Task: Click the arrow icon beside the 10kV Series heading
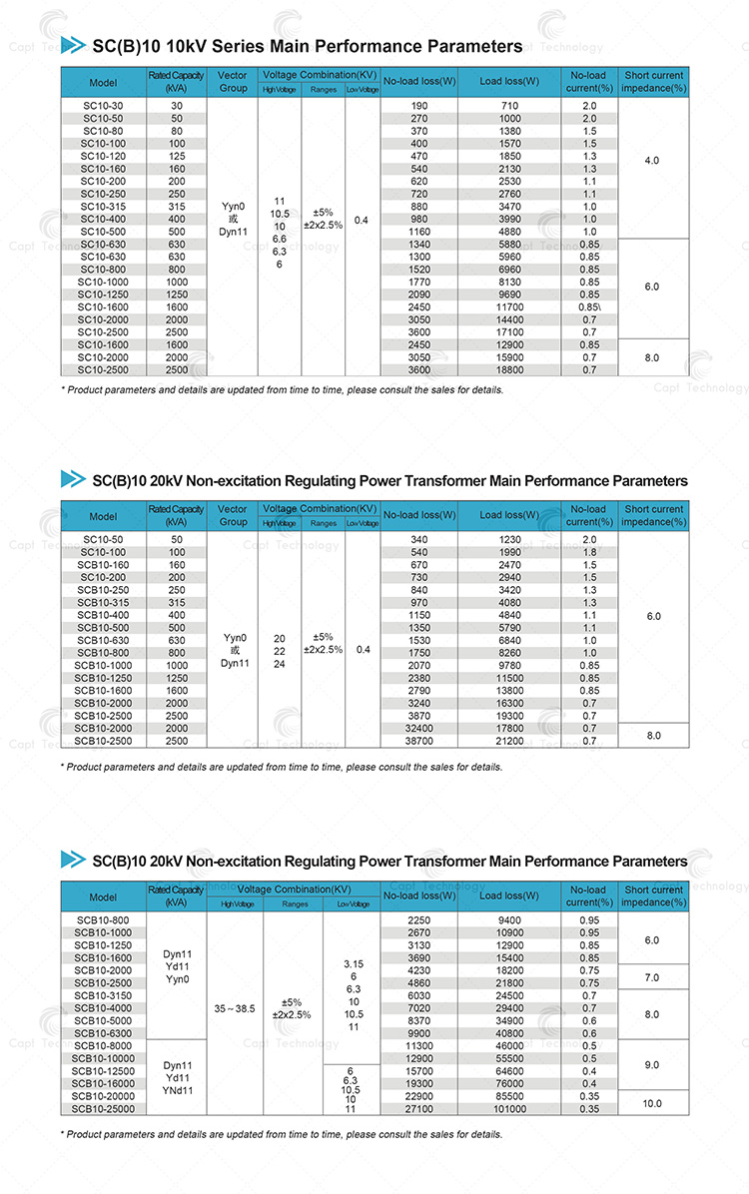[73, 45]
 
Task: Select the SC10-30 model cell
[103, 105]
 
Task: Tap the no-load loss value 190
[419, 105]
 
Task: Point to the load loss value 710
[509, 105]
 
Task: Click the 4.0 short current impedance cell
[652, 160]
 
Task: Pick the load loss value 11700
[509, 307]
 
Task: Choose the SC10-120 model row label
[103, 156]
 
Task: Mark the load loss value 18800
[509, 370]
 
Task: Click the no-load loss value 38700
[419, 741]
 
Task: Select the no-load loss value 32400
[419, 729]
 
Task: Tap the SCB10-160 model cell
[103, 564]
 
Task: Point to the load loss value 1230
[509, 539]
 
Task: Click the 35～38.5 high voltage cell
[236, 1008]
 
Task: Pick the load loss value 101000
[509, 1109]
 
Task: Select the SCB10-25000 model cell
[103, 1109]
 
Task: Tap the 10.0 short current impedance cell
[652, 1103]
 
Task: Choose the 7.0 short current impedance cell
[652, 976]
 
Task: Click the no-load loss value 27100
[419, 1109]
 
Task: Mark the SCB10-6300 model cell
[103, 1033]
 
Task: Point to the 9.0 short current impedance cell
[652, 1065]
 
